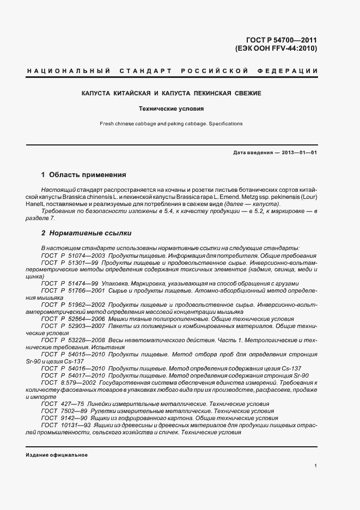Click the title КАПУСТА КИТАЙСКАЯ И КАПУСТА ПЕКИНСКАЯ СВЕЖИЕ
tap(171, 94)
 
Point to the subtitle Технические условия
tap(171, 109)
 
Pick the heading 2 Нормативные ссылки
tap(86, 233)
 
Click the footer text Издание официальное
tap(57, 454)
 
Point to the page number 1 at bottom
tap(315, 466)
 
